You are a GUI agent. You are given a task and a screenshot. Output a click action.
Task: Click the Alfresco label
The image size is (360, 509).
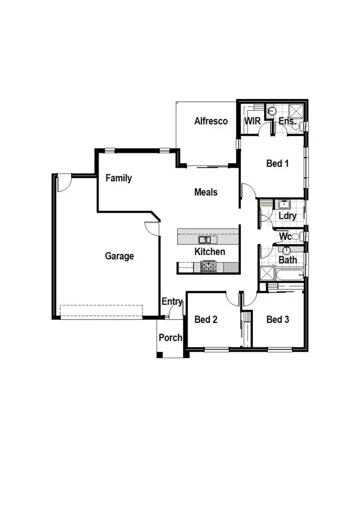(211, 121)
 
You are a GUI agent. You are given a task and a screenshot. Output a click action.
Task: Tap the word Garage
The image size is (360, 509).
(120, 256)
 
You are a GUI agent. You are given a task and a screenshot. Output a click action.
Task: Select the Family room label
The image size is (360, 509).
(119, 178)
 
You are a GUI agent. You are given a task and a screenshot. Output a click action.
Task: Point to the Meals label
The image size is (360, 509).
(206, 192)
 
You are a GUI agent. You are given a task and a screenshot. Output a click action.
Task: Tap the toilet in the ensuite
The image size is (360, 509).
(298, 127)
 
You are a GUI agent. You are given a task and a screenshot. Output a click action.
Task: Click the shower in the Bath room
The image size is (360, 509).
(266, 274)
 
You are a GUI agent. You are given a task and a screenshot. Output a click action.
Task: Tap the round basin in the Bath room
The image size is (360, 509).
(287, 250)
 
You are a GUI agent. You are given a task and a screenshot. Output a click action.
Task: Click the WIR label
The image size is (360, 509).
(252, 121)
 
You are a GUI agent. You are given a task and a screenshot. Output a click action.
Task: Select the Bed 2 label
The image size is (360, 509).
(205, 320)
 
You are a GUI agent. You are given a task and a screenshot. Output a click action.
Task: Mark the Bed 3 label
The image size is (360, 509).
(277, 320)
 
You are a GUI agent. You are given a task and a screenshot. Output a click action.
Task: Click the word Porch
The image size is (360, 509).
(170, 338)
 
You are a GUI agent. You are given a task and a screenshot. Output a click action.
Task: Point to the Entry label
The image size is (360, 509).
(172, 302)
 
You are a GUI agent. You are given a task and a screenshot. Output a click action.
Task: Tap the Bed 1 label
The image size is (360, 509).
(277, 164)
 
